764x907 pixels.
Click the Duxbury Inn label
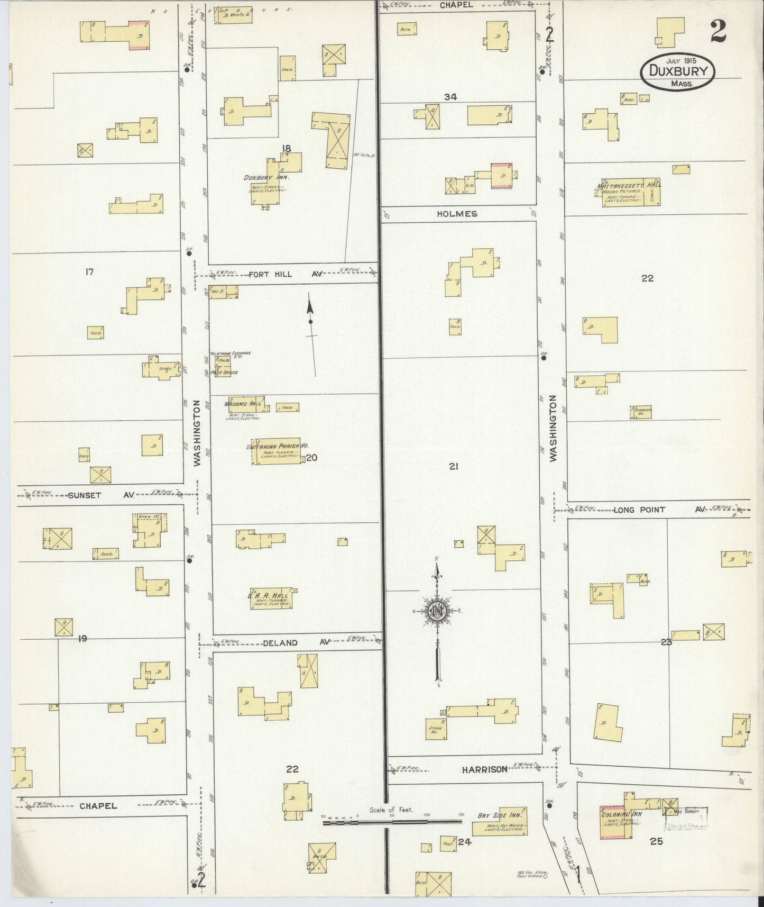(x=265, y=178)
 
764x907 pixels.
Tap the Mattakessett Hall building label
(x=629, y=186)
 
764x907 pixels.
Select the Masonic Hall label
(x=244, y=404)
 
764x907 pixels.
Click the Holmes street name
(x=457, y=214)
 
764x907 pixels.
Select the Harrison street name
(x=484, y=769)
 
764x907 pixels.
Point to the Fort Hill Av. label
(x=286, y=274)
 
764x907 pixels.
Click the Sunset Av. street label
(x=100, y=495)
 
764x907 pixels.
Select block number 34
(x=450, y=97)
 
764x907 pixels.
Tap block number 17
(x=89, y=272)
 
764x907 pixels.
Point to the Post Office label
(x=224, y=373)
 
